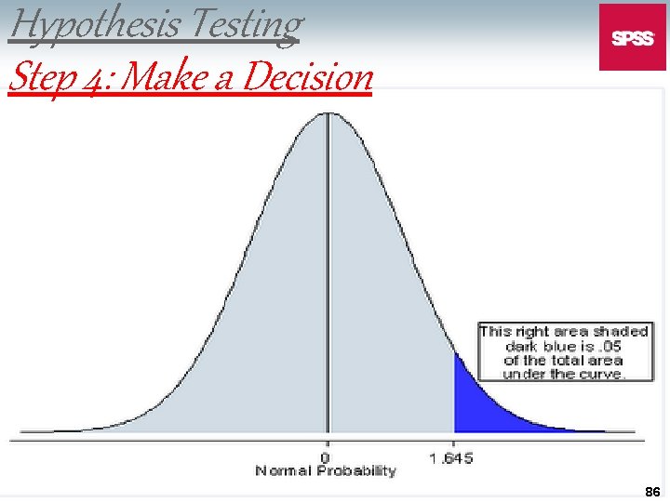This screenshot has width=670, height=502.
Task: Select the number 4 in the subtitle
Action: pos(96,78)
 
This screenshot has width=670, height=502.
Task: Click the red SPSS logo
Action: pos(632,37)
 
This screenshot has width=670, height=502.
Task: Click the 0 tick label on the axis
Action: pos(326,457)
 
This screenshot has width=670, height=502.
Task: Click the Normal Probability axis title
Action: pos(326,471)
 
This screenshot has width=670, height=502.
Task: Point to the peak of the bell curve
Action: pos(327,114)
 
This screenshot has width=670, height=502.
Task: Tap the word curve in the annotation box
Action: pos(603,374)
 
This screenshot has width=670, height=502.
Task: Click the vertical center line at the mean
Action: pos(327,279)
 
